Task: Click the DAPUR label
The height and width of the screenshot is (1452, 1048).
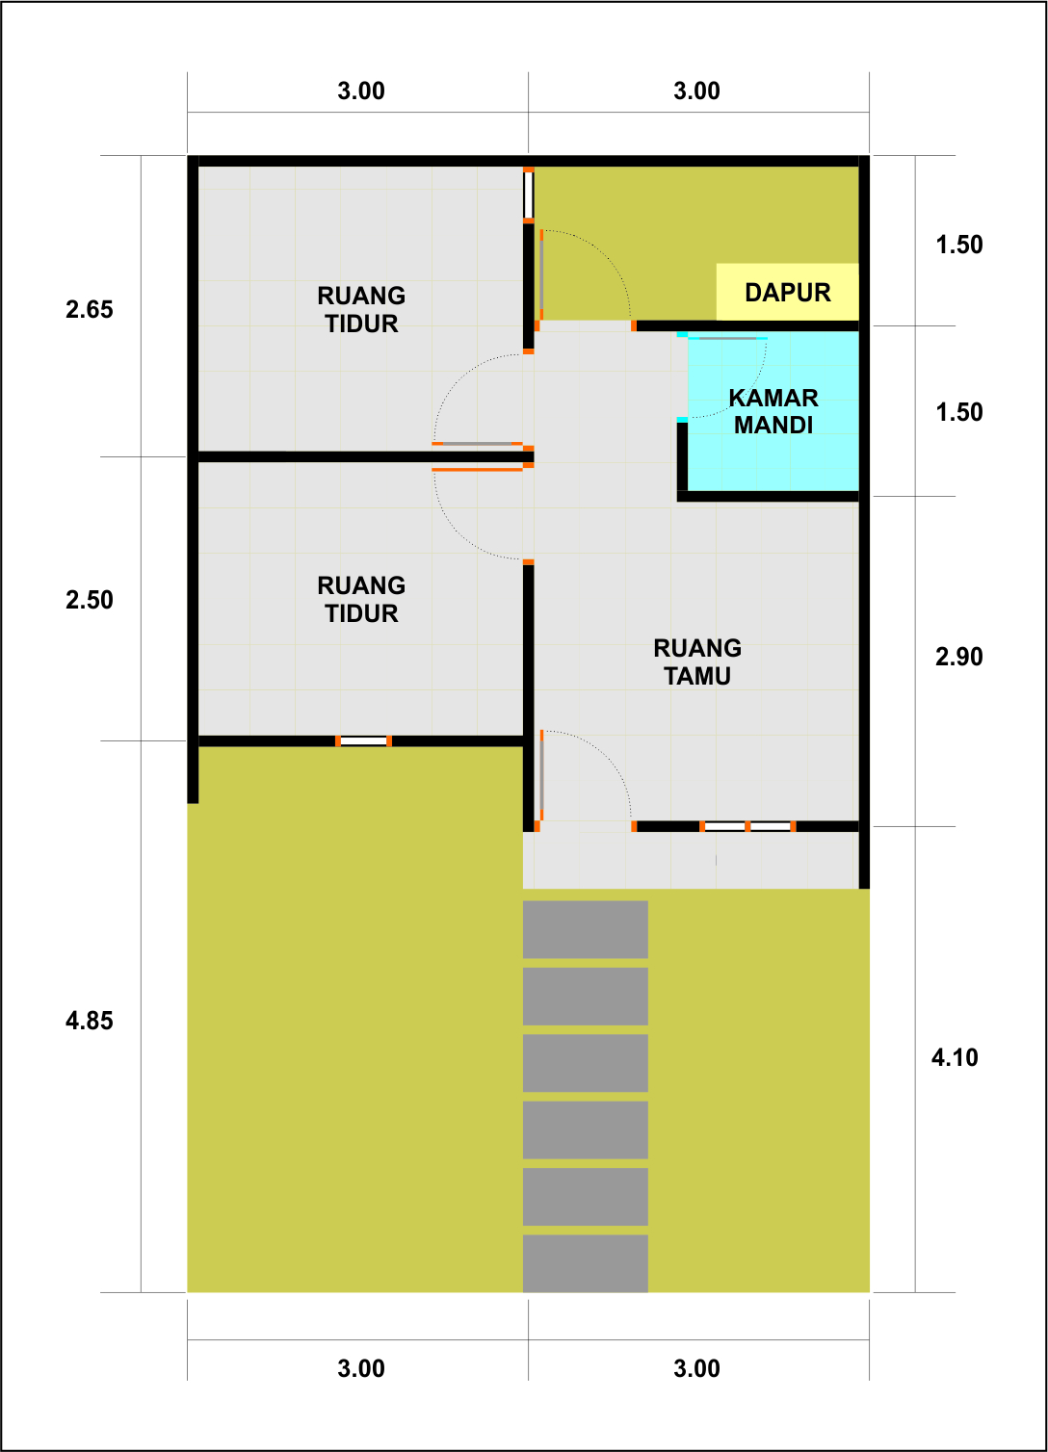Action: (x=787, y=293)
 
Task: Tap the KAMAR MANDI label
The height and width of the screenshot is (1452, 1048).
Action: (x=773, y=411)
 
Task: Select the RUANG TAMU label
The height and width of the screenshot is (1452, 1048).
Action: (x=697, y=661)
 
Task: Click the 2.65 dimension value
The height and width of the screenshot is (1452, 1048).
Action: (x=90, y=309)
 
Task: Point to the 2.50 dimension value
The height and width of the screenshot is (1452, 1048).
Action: (x=90, y=600)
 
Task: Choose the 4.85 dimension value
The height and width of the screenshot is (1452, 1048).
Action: (x=90, y=1021)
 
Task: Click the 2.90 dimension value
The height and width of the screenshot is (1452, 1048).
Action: (x=959, y=657)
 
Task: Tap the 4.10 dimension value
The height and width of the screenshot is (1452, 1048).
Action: (x=955, y=1057)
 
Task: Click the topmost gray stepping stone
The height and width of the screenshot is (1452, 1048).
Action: (x=585, y=929)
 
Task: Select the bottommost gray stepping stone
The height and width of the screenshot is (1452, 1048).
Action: (x=585, y=1263)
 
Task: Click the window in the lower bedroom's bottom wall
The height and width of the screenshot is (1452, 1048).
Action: (x=363, y=740)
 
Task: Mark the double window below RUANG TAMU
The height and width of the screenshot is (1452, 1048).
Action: (x=747, y=826)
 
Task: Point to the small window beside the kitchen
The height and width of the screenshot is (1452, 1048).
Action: (x=529, y=195)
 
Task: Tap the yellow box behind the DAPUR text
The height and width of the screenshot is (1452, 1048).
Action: (x=787, y=292)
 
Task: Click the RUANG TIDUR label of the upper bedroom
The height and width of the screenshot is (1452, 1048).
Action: (x=361, y=309)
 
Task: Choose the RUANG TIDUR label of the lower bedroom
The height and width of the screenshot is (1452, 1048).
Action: (x=361, y=599)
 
